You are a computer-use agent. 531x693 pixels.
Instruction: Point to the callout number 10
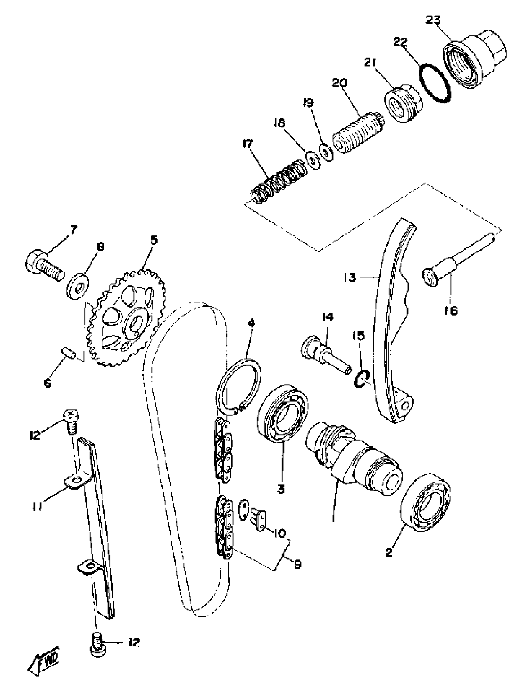[280, 533]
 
